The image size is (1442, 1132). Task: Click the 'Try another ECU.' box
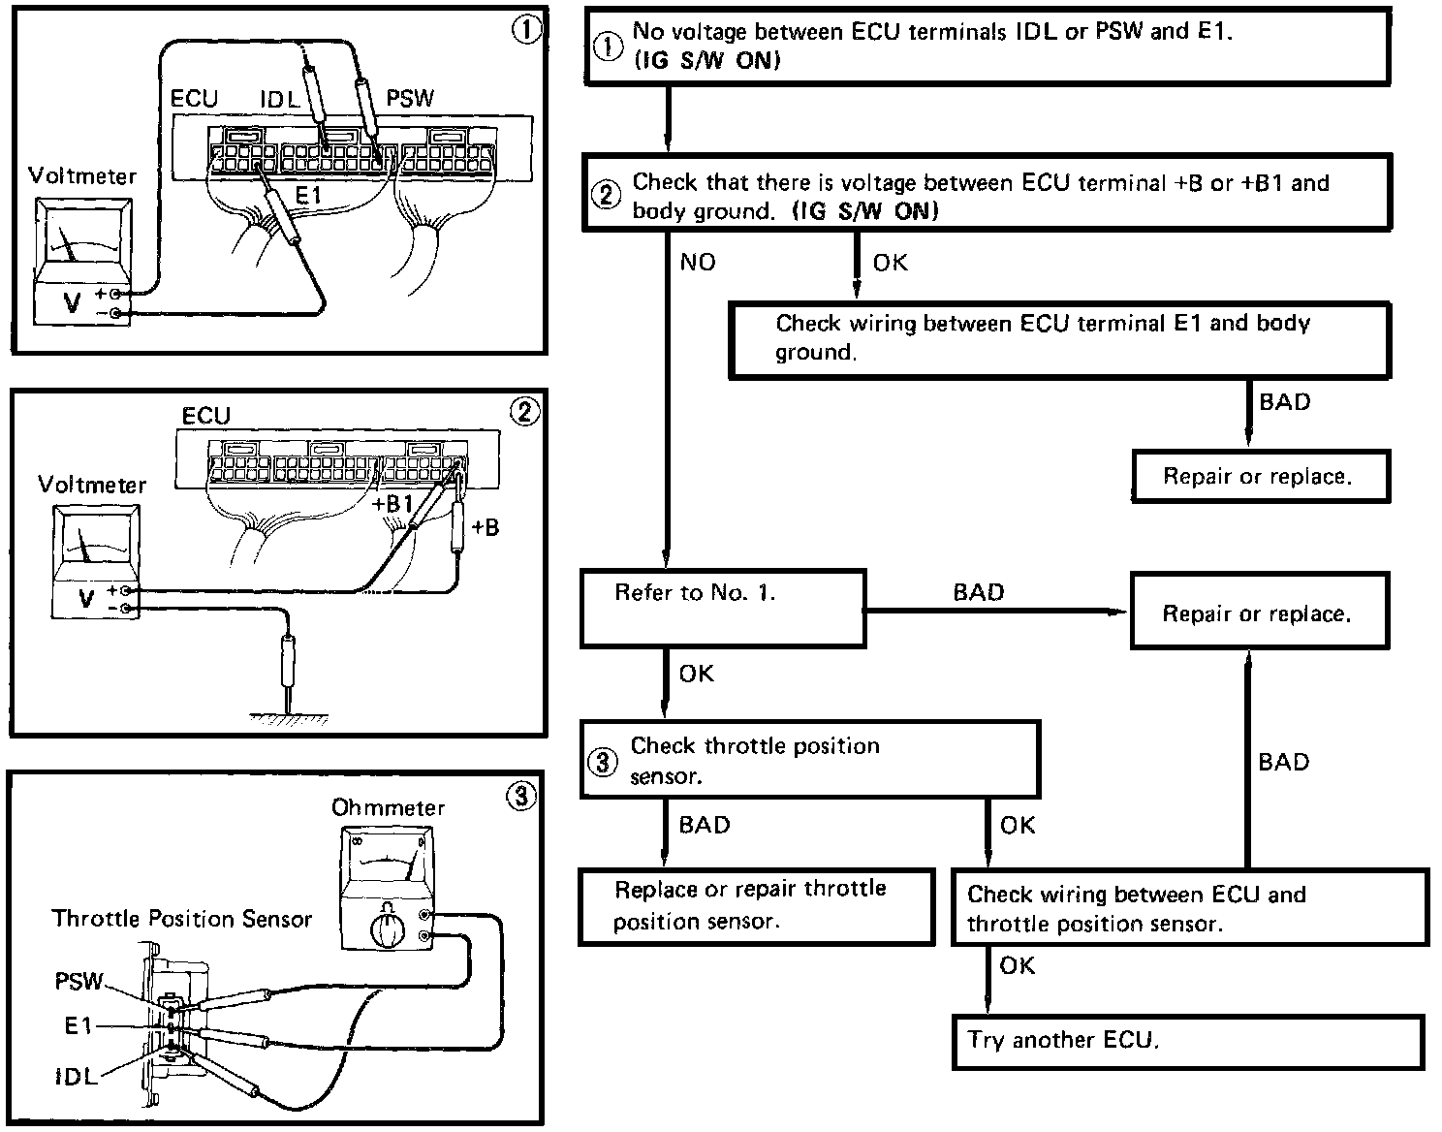(x=1187, y=1042)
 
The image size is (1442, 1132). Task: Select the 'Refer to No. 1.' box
(x=722, y=609)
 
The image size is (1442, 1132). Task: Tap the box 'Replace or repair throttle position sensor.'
(x=757, y=906)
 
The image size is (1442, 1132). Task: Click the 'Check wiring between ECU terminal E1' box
(x=1059, y=338)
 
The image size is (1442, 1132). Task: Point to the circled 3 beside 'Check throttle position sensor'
(x=603, y=762)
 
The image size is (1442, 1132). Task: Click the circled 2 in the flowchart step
(x=606, y=196)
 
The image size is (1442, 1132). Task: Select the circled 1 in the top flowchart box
(x=607, y=47)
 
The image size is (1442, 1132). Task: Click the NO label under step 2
(x=698, y=263)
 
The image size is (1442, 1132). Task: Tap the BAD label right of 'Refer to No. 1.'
(x=979, y=593)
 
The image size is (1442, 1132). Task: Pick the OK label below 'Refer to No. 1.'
(x=696, y=675)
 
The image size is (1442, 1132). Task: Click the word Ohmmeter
(x=388, y=807)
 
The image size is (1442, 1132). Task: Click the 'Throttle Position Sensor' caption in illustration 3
(x=182, y=919)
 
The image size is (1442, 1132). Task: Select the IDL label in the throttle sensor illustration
(x=76, y=1077)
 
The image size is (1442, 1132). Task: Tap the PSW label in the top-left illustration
(x=410, y=98)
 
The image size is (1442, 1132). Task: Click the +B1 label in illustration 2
(x=392, y=504)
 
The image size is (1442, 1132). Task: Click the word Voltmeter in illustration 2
(x=92, y=485)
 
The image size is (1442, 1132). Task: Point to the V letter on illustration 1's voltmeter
(x=73, y=302)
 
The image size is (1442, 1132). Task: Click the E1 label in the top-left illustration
(x=308, y=196)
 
